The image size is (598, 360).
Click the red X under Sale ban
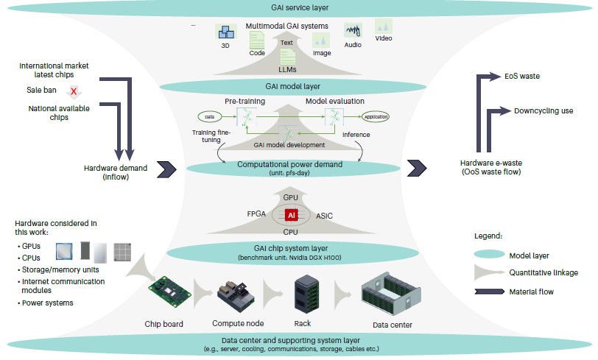74,91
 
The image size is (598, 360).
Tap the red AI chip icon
292,215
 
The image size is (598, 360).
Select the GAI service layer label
298,7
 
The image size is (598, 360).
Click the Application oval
376,116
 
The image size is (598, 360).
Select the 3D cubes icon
225,32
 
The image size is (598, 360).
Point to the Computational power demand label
298,164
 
